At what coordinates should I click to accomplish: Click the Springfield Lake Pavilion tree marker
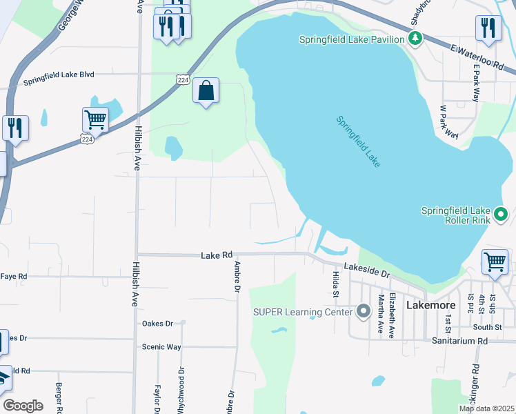point(415,39)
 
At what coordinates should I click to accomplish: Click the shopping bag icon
point(206,90)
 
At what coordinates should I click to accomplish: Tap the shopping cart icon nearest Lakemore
point(495,262)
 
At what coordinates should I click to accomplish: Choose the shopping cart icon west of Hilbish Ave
point(95,119)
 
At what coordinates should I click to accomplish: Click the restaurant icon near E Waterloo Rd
point(488,28)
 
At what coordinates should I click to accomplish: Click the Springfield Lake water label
point(358,141)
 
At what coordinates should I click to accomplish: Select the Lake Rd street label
point(217,255)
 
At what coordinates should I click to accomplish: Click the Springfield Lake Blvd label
point(68,77)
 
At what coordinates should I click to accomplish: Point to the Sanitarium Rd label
point(459,341)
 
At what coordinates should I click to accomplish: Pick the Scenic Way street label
point(161,346)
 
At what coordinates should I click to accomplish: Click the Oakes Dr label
point(157,323)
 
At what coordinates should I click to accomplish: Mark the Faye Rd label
point(14,276)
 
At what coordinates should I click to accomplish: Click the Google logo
point(23,406)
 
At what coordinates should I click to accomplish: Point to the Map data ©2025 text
point(486,408)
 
